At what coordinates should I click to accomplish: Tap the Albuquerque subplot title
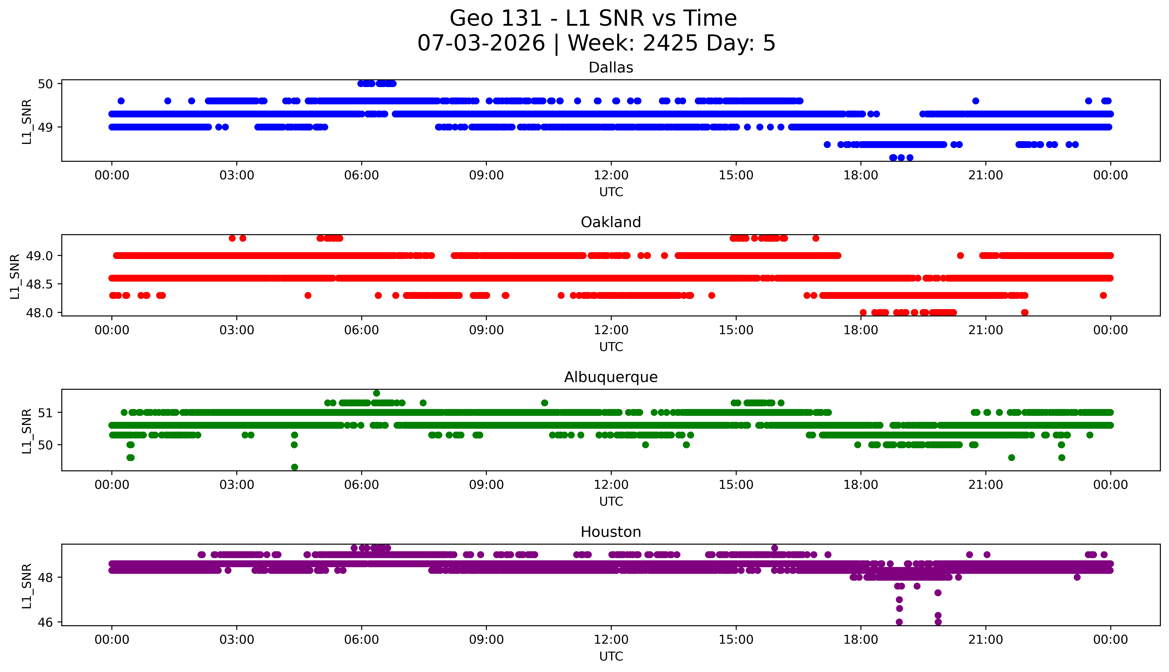pos(611,377)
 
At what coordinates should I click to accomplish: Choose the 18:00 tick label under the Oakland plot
pos(861,330)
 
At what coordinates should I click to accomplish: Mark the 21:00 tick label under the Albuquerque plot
pos(986,485)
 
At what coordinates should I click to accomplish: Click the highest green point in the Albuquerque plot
pos(377,393)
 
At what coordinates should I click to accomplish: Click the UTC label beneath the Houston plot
pos(611,656)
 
